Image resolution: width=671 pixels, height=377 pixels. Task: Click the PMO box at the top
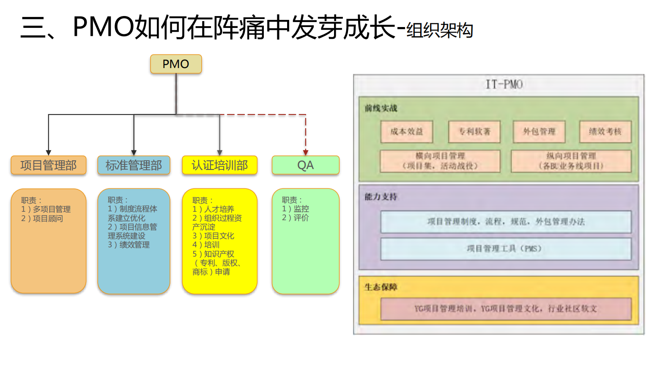pos(176,64)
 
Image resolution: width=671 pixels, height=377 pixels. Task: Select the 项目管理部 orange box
pos(49,165)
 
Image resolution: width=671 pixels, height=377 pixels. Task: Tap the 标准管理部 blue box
pos(134,165)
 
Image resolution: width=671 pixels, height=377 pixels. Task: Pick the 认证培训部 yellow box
pos(219,165)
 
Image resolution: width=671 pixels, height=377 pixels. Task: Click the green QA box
pos(305,165)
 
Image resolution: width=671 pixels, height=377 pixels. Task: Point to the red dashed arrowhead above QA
pos(305,153)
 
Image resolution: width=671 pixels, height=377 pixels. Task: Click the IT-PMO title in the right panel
pos(504,85)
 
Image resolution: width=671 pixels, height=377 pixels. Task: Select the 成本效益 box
pos(406,132)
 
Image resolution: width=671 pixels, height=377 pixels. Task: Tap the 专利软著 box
pos(474,132)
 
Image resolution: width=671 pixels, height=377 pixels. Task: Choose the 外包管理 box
pos(539,132)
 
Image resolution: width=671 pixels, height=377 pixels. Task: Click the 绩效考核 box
pos(605,132)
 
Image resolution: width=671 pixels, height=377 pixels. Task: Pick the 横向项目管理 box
pos(440,161)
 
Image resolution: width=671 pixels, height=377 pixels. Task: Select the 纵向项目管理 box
pos(571,161)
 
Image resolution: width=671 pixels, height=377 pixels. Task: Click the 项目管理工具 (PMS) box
pos(505,249)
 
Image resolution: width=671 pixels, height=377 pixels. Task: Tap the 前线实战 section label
pos(381,108)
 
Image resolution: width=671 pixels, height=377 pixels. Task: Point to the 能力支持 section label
pos(381,197)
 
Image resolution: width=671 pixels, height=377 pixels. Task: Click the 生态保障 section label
pos(381,287)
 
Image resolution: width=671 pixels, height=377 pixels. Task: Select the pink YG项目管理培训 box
pos(505,309)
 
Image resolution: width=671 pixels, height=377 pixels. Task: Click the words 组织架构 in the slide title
pos(440,30)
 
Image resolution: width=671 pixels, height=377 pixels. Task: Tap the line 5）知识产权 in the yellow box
pos(213,254)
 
